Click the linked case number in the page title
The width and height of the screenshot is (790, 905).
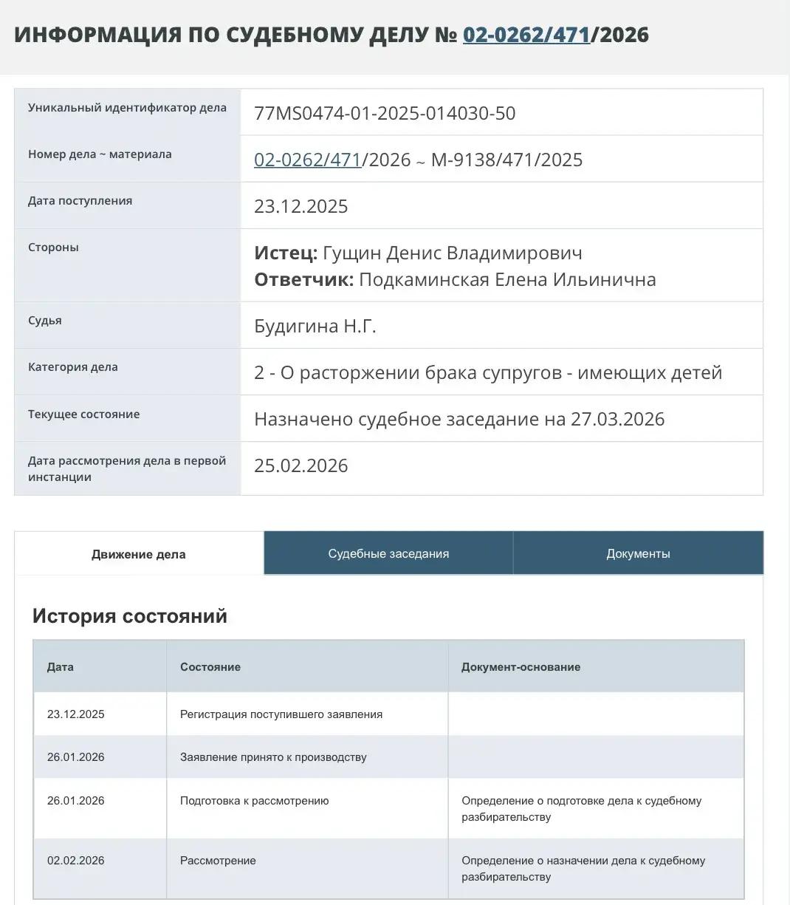click(526, 35)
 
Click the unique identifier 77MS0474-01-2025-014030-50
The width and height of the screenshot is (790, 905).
click(385, 113)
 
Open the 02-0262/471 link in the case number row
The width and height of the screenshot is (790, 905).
click(307, 160)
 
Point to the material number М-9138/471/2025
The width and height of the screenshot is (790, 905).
click(506, 160)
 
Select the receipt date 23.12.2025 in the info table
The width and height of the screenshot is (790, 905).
click(301, 206)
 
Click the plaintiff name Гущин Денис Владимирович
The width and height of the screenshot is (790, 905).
click(453, 253)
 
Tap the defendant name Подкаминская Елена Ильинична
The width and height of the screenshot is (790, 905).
click(507, 279)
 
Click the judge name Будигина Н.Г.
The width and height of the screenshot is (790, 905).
click(315, 326)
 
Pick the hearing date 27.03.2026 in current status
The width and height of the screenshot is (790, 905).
click(617, 419)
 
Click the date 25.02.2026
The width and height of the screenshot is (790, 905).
click(301, 465)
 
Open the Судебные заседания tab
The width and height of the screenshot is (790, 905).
click(388, 553)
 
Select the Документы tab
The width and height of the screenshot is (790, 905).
click(638, 553)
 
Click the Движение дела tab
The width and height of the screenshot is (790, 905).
click(139, 554)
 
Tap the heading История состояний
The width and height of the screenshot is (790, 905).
click(130, 616)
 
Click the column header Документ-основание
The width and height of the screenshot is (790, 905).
click(521, 667)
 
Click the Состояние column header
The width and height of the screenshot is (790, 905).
click(210, 667)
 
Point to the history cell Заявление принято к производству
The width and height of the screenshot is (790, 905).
click(273, 757)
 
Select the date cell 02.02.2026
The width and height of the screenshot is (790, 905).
click(76, 861)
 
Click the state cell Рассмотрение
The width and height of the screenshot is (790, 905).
click(218, 861)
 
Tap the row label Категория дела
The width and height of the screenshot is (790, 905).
click(73, 367)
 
